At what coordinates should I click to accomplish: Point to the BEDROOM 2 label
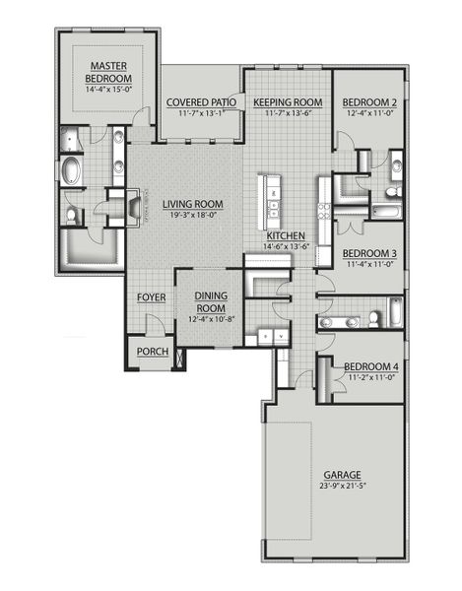click(x=369, y=102)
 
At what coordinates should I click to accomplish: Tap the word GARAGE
click(x=335, y=474)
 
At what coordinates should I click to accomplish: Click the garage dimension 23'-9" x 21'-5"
click(x=335, y=486)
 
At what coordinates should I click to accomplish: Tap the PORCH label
click(x=152, y=352)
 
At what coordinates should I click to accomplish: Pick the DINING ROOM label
click(x=212, y=301)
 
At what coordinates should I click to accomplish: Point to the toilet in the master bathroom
click(x=73, y=213)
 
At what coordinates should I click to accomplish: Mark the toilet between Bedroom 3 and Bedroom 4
click(x=375, y=318)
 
